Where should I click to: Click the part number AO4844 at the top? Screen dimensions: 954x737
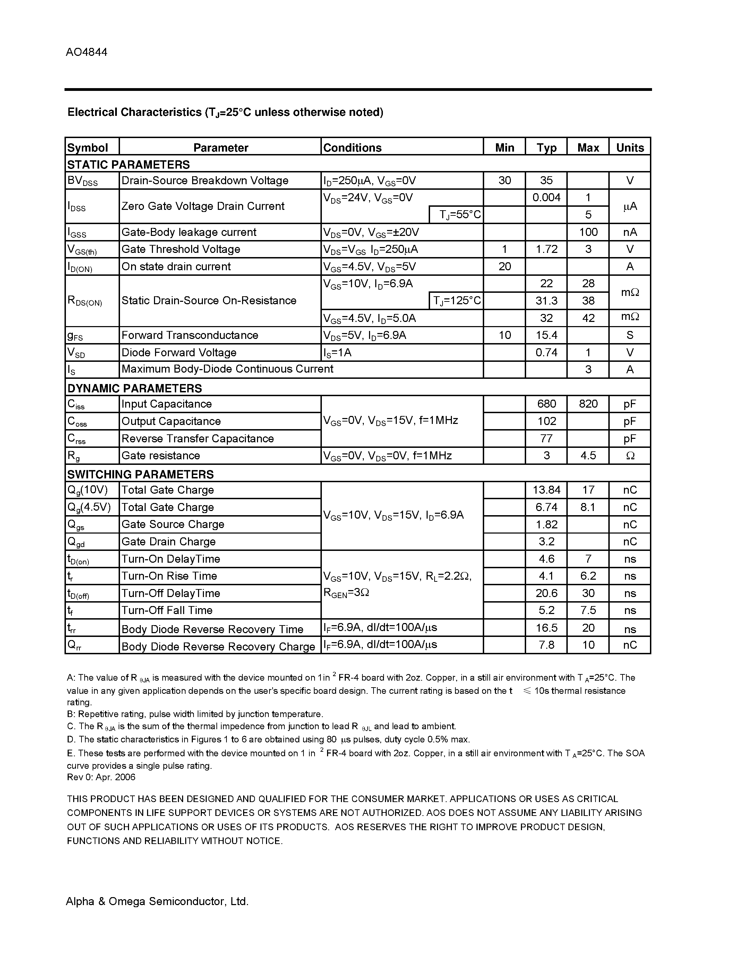click(x=86, y=52)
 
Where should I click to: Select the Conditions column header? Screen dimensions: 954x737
click(x=352, y=148)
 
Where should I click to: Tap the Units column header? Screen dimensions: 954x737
click(x=629, y=148)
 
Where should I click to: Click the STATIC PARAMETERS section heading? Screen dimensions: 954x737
click(x=128, y=165)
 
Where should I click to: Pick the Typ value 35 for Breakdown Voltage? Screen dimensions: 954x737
click(x=546, y=180)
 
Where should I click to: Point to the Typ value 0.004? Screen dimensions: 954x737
click(x=546, y=197)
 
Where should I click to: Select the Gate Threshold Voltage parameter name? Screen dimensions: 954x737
click(x=181, y=249)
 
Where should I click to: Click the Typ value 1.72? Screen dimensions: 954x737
click(x=546, y=249)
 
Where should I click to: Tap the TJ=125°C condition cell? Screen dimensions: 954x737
click(x=457, y=300)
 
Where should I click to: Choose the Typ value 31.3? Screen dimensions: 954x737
click(x=546, y=300)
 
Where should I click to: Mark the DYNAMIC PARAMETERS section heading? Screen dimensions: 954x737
click(x=135, y=388)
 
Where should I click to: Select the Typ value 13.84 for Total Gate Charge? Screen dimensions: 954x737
click(x=546, y=490)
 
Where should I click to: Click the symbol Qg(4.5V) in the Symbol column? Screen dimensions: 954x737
click(x=89, y=507)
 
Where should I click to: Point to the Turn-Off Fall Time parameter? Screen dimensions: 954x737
click(x=167, y=610)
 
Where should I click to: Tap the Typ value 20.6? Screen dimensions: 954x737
click(x=546, y=593)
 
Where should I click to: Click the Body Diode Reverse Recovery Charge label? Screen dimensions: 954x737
click(x=218, y=647)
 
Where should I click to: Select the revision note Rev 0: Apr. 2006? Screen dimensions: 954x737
click(x=101, y=777)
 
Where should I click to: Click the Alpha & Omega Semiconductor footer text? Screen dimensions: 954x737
click(x=157, y=901)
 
